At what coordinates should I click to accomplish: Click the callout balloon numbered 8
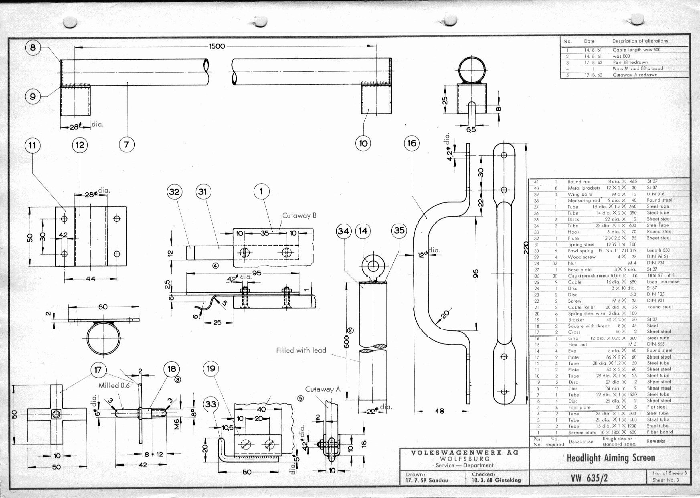pos(33,48)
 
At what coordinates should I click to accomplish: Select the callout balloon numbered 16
pos(412,144)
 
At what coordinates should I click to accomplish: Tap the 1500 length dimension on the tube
pos(217,46)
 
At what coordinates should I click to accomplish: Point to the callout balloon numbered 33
pos(211,404)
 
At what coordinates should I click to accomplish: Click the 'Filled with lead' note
pos(301,350)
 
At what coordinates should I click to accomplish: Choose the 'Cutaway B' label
pos(299,216)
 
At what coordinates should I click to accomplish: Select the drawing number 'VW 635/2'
pos(589,478)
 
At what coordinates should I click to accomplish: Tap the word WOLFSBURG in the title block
pos(464,459)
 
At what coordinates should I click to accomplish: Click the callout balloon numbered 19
pos(211,368)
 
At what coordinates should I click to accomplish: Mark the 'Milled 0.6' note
pos(114,385)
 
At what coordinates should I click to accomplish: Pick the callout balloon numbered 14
pos(363,231)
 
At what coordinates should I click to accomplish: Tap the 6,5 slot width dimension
pos(471,130)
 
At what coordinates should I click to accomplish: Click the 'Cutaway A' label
pos(322,389)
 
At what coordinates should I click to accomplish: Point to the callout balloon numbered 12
pos(80,145)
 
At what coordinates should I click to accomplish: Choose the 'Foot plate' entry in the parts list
pos(579,407)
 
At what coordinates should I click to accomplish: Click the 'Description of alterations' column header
pos(640,41)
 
